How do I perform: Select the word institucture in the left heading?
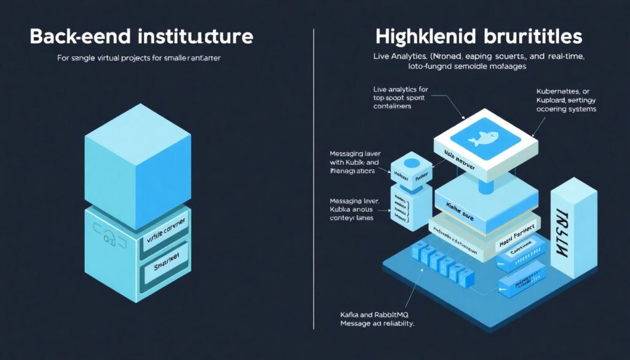pos(187,36)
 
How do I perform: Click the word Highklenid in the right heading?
pos(425,36)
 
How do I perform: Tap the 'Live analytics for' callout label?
pos(401,89)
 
